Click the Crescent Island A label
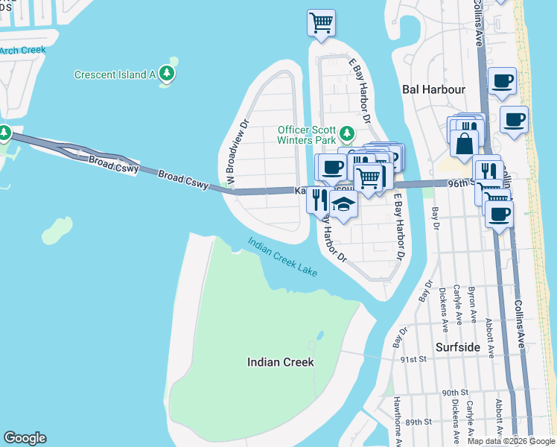click(114, 74)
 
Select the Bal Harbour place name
click(433, 89)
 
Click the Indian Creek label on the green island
click(280, 362)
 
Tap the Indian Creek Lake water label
click(283, 257)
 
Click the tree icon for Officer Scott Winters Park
click(346, 134)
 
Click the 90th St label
click(453, 392)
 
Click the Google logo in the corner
click(25, 438)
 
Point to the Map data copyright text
click(511, 441)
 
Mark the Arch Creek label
click(22, 51)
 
